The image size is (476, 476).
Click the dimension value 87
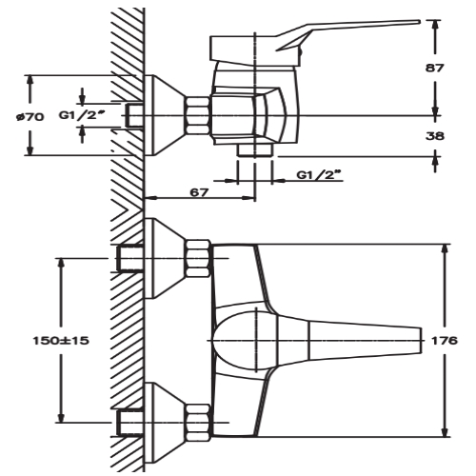(x=437, y=68)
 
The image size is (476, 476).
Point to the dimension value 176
(x=445, y=340)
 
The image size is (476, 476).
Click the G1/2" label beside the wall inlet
(x=80, y=115)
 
